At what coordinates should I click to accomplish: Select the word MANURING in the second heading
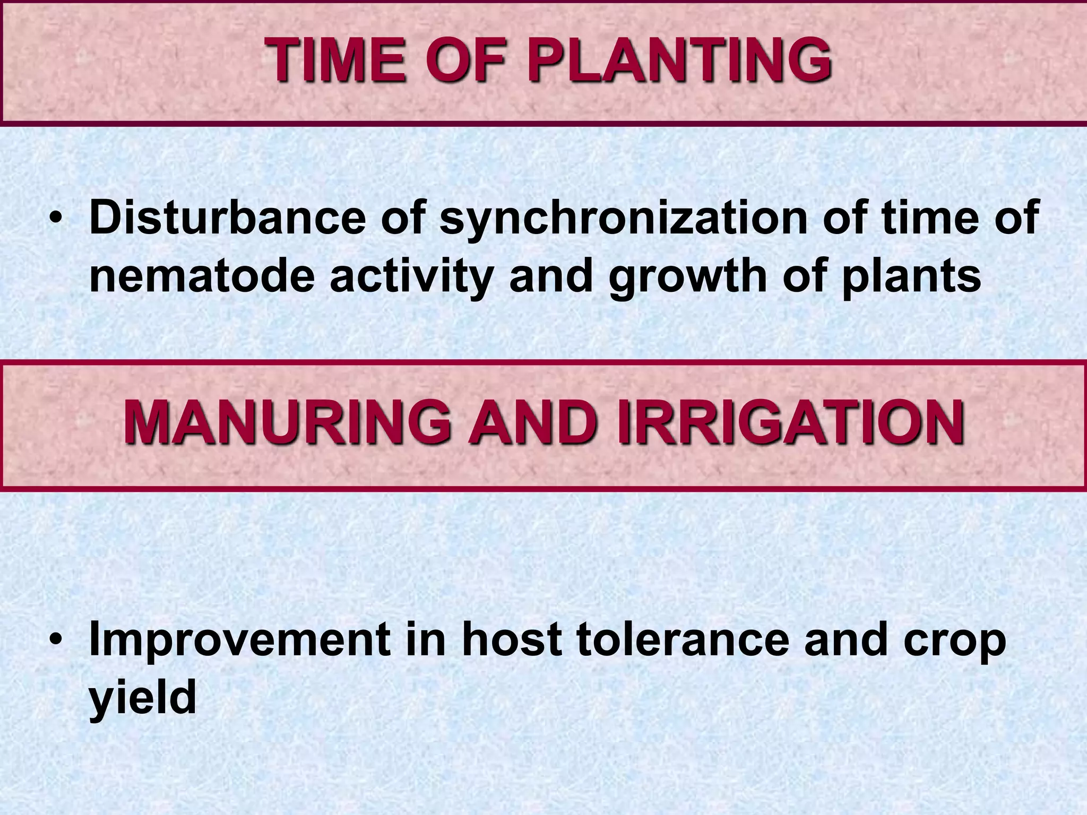[287, 423]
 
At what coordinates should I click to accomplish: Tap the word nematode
[202, 276]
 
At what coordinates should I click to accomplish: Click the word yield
[142, 698]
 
